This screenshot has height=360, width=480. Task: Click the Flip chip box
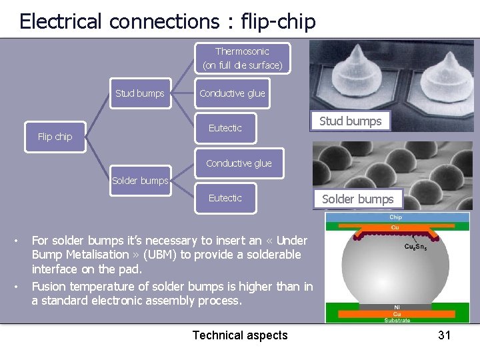point(55,137)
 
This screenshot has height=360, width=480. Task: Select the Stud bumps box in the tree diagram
point(139,93)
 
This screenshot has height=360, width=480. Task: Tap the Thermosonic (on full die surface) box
point(242,59)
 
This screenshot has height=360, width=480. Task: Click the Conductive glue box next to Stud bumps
point(232,93)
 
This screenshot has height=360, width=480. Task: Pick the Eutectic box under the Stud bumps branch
point(225,128)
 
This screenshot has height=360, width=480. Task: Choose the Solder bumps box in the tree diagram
point(140,181)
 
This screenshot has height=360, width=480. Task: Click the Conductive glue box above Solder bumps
point(239,163)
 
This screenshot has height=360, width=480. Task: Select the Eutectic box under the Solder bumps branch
point(225,198)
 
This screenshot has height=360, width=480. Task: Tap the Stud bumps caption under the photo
point(350,121)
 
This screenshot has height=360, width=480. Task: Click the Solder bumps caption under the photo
point(357,199)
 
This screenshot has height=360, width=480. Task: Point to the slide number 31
point(445,335)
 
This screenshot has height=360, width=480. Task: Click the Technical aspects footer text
point(240,335)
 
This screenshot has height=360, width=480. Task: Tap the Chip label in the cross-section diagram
point(396,217)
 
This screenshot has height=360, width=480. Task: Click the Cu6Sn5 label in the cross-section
point(434,246)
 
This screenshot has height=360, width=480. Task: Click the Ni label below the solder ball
point(396,307)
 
